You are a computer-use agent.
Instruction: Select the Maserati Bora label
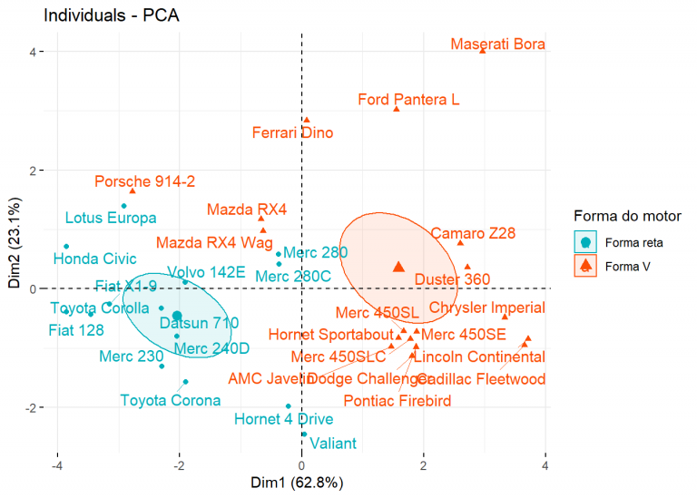coord(497,44)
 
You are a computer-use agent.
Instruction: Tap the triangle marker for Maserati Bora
coord(483,51)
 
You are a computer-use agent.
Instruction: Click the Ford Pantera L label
coord(408,100)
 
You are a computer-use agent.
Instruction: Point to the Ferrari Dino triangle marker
coord(307,119)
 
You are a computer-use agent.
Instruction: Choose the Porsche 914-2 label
coord(144,181)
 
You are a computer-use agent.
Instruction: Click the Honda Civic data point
coord(66,247)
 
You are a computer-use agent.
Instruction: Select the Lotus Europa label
coord(111,218)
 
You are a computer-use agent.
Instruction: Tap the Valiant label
coord(333,444)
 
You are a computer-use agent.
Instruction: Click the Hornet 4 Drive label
coord(283,419)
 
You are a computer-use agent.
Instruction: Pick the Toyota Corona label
coord(171,400)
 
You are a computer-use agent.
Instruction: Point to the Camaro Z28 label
coord(472,234)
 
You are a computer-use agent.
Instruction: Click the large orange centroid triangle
coord(398,267)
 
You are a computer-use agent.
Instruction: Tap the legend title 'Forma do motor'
coord(627,216)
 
